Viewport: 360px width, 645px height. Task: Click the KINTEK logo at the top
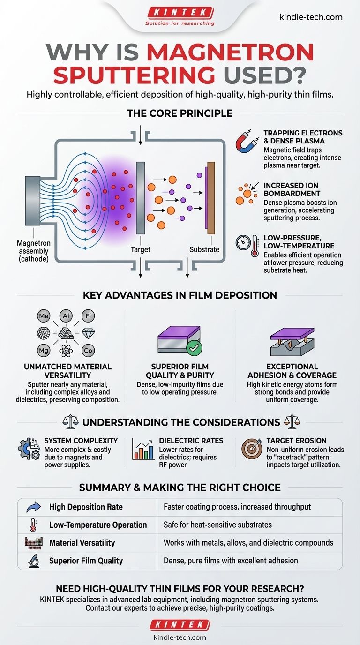point(180,13)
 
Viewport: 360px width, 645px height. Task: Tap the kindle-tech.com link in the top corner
point(310,17)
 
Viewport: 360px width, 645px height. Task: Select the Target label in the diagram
point(140,250)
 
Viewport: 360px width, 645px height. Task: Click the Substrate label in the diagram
point(204,250)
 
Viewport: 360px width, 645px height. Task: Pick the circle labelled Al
point(65,316)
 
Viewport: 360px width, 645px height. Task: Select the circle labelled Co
point(88,350)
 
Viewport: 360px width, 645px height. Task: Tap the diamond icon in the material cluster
point(89,333)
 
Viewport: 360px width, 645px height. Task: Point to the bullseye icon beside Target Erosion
point(251,449)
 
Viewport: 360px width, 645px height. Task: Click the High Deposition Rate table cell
point(86,507)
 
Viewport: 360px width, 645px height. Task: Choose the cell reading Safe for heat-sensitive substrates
point(217,525)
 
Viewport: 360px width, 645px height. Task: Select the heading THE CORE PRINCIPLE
point(180,113)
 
